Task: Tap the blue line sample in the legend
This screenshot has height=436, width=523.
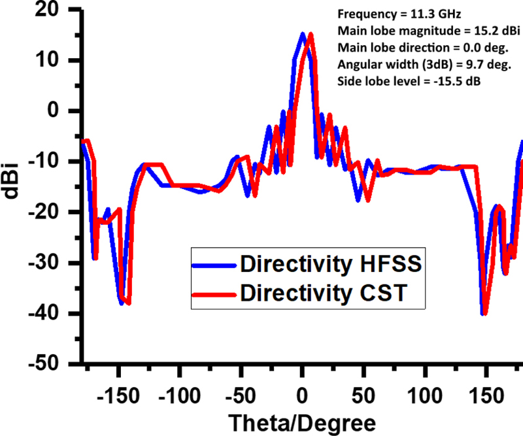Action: [x=214, y=264]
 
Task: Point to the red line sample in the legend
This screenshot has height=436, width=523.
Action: [x=214, y=293]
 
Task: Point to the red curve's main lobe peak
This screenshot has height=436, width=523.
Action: [x=311, y=34]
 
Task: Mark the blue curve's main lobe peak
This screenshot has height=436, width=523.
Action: [x=303, y=33]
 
